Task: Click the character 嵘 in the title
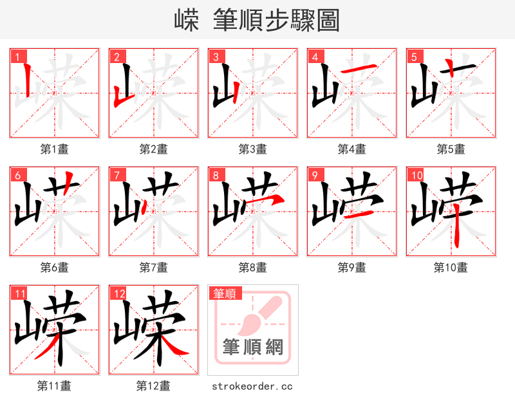tap(187, 21)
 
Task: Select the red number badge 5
tap(413, 57)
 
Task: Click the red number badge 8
tap(215, 175)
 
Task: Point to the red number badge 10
tap(416, 175)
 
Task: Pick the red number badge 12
tap(118, 294)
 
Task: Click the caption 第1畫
tap(55, 149)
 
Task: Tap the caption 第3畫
tap(253, 149)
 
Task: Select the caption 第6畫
tap(55, 267)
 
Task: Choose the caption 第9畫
tap(352, 267)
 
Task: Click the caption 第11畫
tap(55, 386)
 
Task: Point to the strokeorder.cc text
tap(252, 386)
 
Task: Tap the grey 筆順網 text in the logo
tap(253, 347)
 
